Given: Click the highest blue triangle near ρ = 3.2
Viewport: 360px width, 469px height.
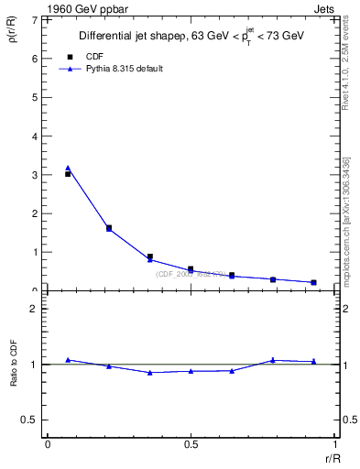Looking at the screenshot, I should [68, 168].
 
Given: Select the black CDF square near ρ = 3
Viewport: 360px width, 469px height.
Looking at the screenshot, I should [68, 174].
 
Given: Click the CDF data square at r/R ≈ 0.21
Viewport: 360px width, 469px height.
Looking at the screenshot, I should [109, 227].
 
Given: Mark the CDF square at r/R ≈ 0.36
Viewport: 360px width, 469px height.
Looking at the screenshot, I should [150, 256].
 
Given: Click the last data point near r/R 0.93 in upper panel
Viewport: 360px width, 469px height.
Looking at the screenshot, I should [313, 282].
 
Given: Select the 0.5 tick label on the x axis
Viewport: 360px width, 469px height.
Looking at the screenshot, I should [191, 444].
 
